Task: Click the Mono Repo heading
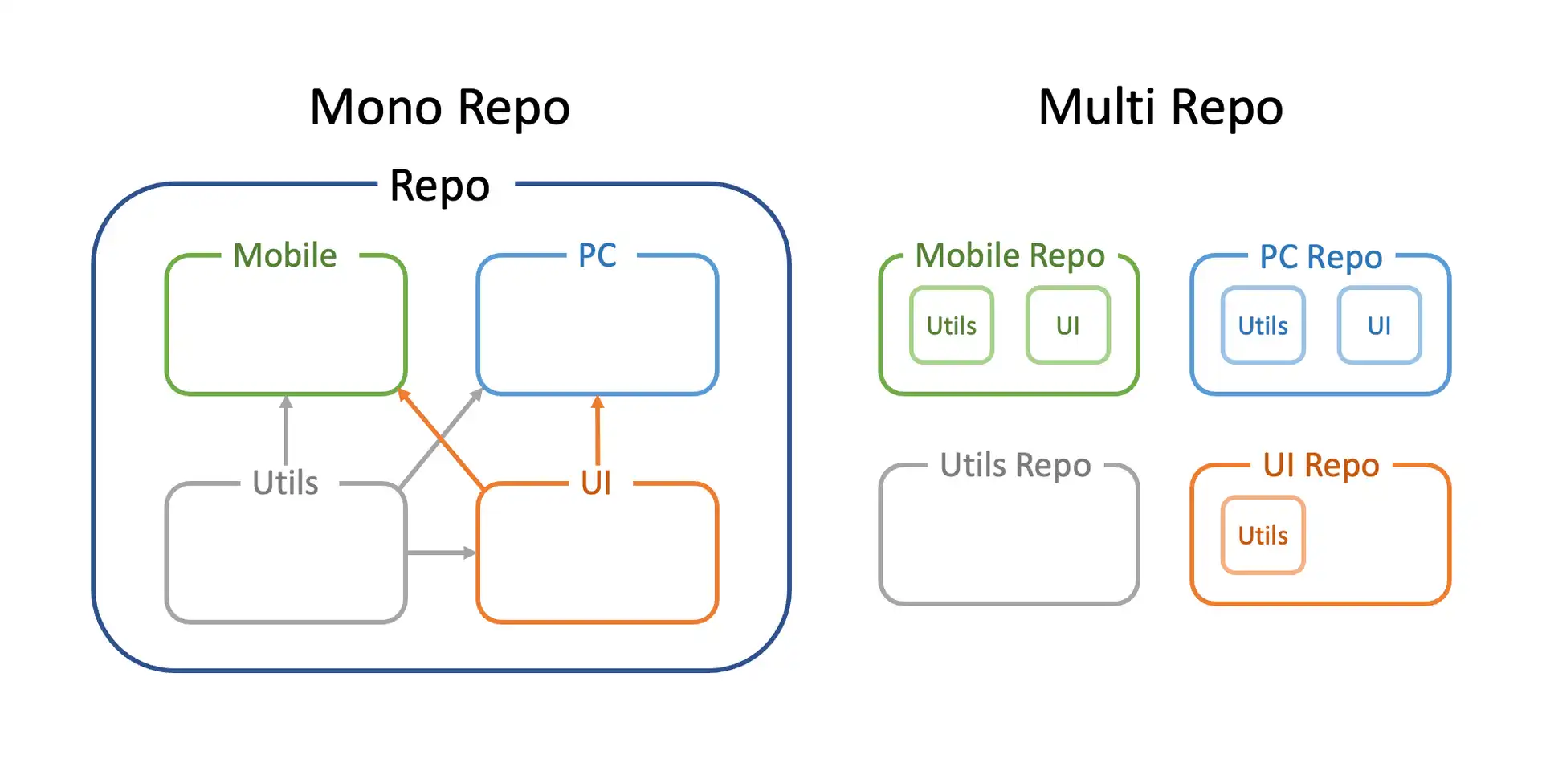pos(439,108)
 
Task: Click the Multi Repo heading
pos(1161,108)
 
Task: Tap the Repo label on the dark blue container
pos(439,186)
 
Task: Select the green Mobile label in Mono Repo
pos(284,255)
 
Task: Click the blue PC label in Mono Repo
pos(597,255)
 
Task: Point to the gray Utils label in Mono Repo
pos(285,483)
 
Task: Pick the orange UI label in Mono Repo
pos(596,483)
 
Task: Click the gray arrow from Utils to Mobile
pos(286,434)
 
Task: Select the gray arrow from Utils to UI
pos(440,553)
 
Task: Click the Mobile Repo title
pos(1010,255)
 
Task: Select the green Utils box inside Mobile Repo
pos(952,325)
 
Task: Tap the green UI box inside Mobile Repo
pos(1067,325)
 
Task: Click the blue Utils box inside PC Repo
pos(1263,325)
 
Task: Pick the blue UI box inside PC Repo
pos(1379,325)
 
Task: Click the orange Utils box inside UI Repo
pos(1263,535)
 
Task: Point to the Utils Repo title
pos(1015,465)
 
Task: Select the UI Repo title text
pos(1320,465)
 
